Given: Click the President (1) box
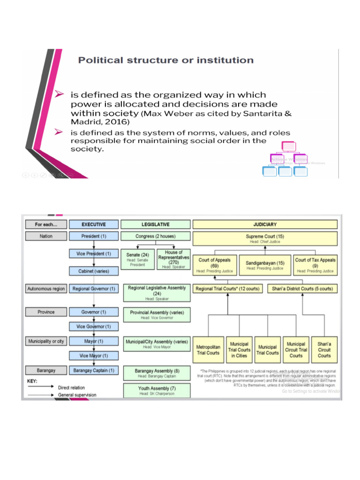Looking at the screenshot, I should [x=93, y=236].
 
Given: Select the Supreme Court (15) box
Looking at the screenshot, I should [x=265, y=239].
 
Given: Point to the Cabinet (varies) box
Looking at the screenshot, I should [x=93, y=271].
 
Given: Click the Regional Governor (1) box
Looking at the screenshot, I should [x=93, y=289].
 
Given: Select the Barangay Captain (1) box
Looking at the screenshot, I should [x=93, y=370].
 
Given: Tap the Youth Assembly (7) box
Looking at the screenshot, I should [x=157, y=390].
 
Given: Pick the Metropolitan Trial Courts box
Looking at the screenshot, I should [x=208, y=350].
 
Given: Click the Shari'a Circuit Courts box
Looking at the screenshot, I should [x=324, y=350].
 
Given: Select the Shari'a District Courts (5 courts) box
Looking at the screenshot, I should [x=302, y=289].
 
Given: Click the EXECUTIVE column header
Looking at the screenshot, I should [x=93, y=225].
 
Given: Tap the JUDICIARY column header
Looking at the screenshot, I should [x=265, y=225].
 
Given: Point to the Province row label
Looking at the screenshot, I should [x=46, y=312].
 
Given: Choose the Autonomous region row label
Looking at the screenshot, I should [x=46, y=289].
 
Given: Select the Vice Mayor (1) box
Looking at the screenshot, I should [x=93, y=356].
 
